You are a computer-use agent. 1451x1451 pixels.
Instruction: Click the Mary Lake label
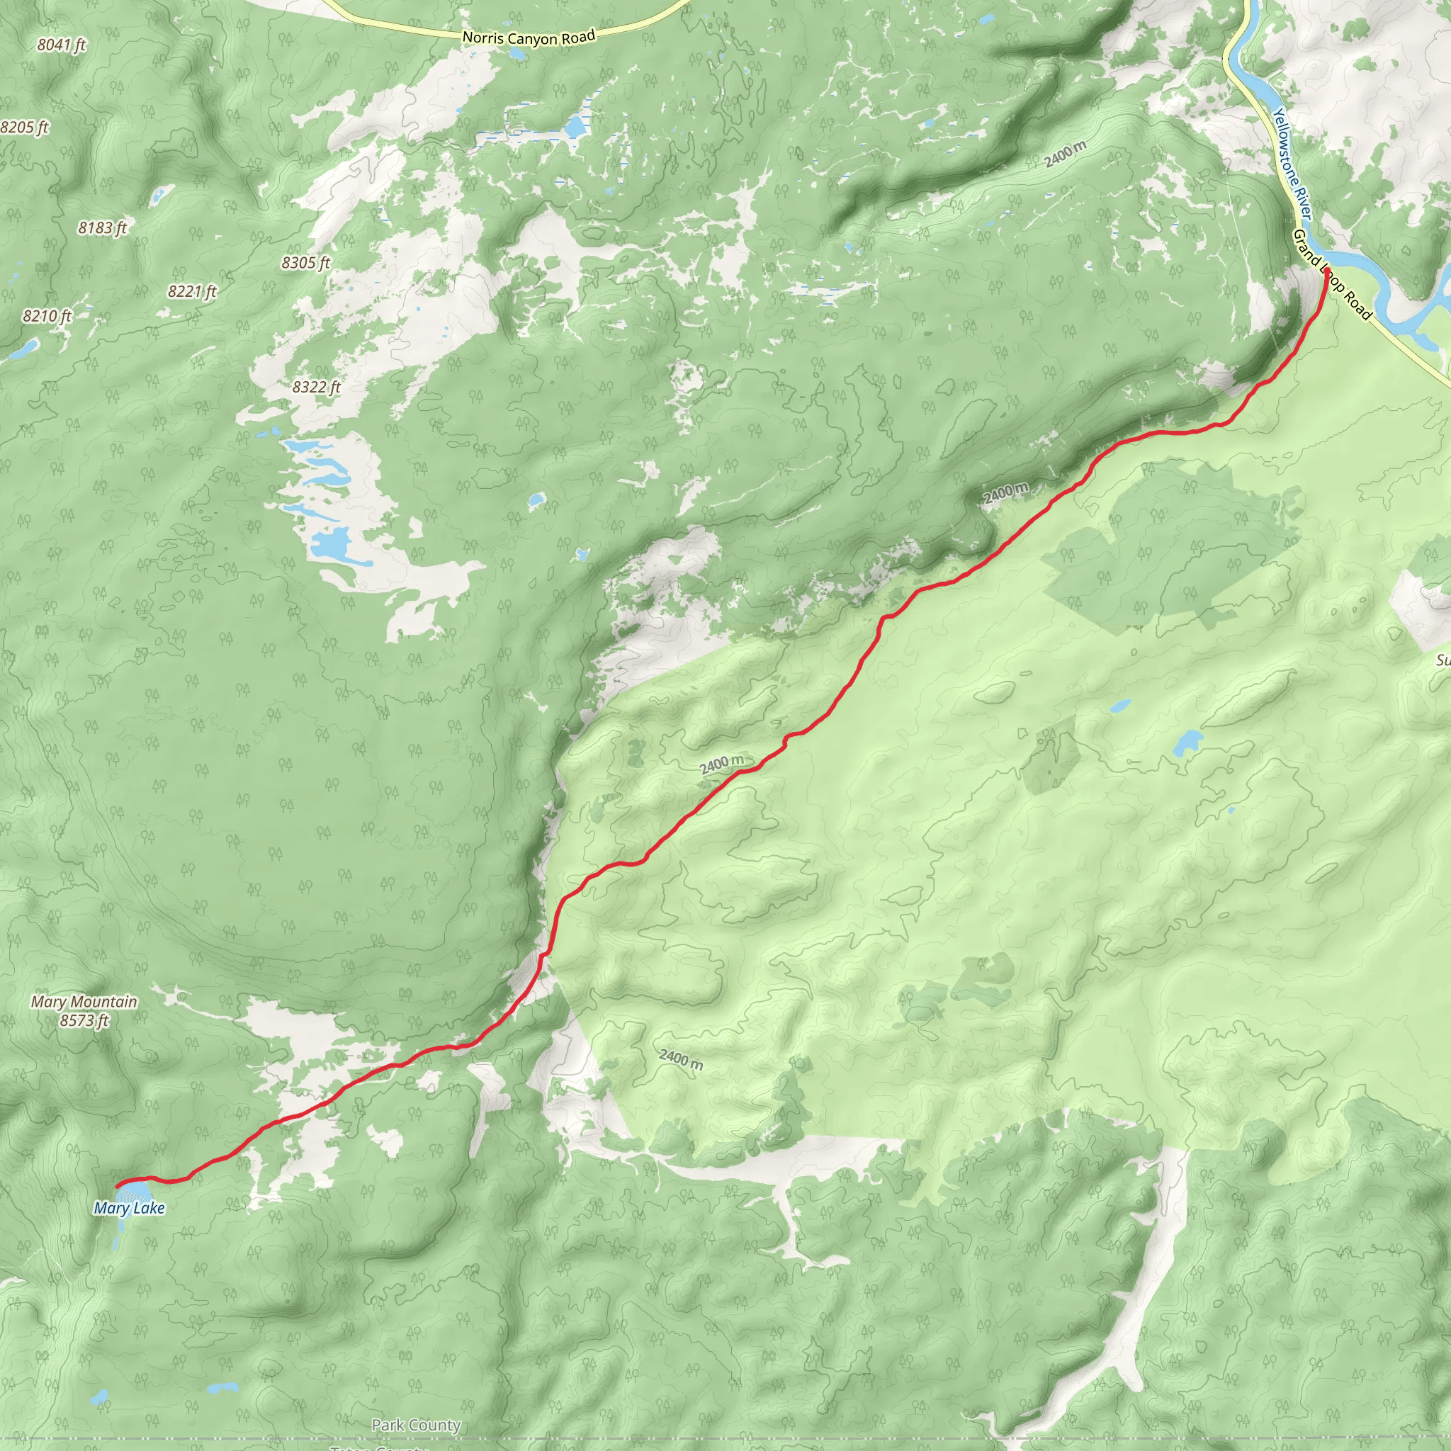click(x=129, y=1209)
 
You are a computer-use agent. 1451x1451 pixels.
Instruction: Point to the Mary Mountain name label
click(x=84, y=1001)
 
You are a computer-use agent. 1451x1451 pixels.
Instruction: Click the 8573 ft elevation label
click(x=84, y=1020)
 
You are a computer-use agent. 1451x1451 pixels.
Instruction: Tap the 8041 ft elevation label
click(x=62, y=45)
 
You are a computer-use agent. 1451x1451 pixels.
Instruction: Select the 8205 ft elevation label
click(x=24, y=128)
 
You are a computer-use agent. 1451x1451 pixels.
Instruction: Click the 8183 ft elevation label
click(x=102, y=227)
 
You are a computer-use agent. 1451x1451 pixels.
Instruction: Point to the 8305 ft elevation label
click(x=305, y=263)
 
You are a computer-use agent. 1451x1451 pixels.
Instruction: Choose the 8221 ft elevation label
click(x=191, y=291)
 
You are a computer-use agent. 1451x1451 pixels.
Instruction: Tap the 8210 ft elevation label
click(x=47, y=316)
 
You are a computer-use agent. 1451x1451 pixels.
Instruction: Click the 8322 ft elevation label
click(x=316, y=388)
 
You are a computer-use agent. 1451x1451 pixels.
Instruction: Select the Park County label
click(x=415, y=1425)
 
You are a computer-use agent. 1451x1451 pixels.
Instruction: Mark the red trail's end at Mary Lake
click(x=118, y=1186)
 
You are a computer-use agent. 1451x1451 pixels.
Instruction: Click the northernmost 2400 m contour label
click(x=1065, y=154)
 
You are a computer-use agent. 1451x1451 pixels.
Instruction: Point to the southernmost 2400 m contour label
click(x=681, y=1059)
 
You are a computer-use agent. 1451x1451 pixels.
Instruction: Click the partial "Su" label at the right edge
click(x=1442, y=661)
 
